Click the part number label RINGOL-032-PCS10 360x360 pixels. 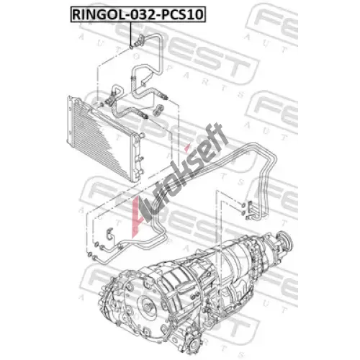[138, 14]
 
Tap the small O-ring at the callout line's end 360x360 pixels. [131, 47]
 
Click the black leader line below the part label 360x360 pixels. [131, 33]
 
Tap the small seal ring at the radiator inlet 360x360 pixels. [102, 104]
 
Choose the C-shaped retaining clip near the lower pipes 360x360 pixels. [109, 233]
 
